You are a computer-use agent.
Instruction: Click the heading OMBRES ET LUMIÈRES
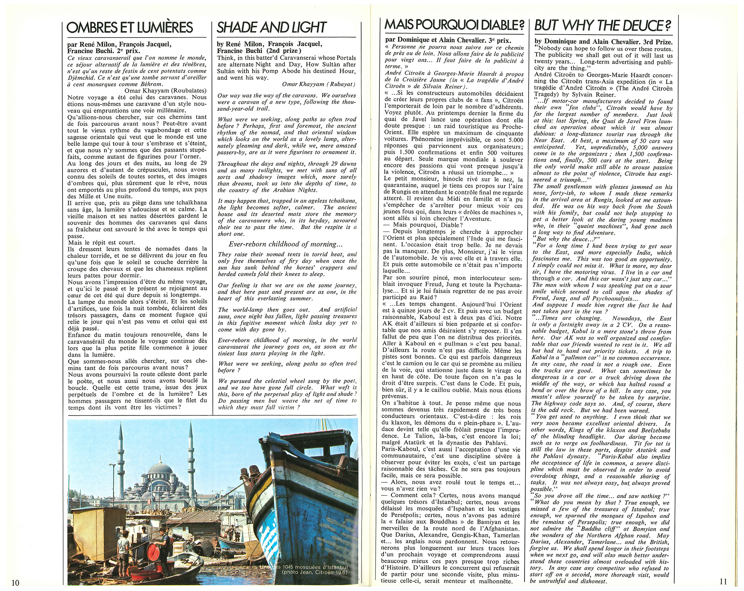[130, 28]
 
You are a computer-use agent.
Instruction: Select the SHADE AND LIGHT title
[272, 28]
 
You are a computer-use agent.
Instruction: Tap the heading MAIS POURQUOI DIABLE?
[454, 25]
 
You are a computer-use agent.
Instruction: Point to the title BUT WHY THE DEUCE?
[603, 25]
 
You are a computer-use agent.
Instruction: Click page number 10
[15, 582]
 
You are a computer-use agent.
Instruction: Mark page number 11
[723, 582]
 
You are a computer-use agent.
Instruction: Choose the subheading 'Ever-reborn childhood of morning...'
[285, 244]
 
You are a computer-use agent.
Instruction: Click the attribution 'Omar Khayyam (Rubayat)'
[319, 84]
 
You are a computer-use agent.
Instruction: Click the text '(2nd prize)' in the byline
[283, 51]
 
